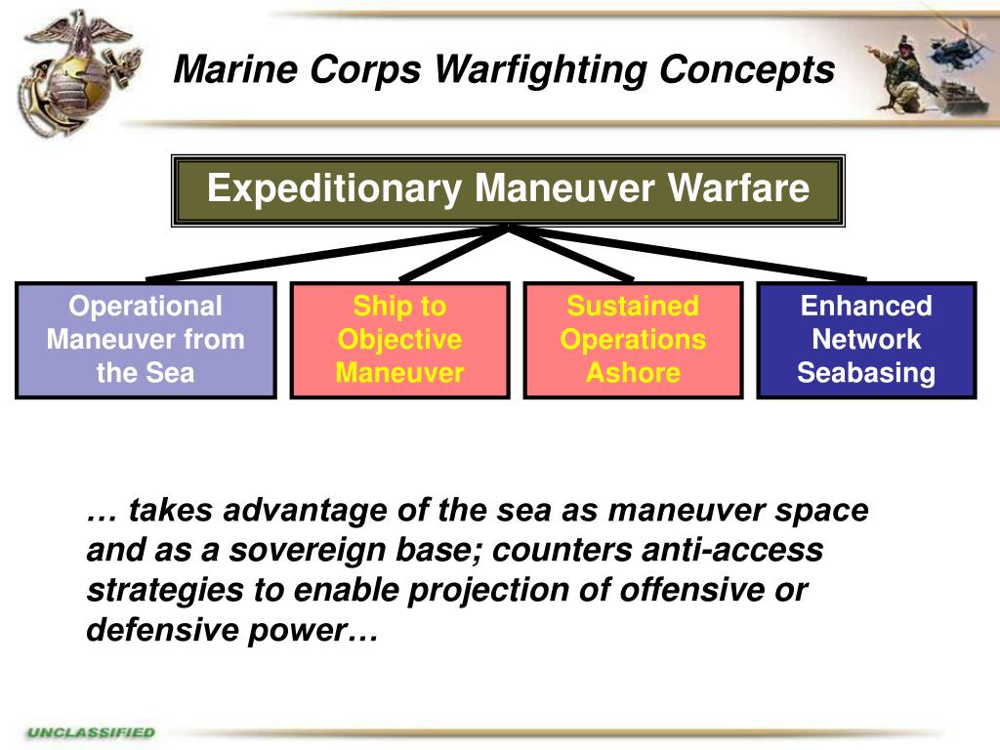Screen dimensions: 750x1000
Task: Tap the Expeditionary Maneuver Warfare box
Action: click(508, 189)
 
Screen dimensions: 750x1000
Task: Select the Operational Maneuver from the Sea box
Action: click(146, 340)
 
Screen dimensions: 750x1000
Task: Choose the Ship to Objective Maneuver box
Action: click(399, 340)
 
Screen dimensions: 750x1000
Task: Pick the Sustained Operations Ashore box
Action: click(633, 340)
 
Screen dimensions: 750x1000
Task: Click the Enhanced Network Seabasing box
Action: click(866, 340)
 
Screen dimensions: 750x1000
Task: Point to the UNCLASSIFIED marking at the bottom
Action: click(91, 731)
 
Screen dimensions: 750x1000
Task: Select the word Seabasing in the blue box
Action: click(866, 373)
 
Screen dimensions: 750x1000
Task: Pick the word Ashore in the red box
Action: click(633, 373)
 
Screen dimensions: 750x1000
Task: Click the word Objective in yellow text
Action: click(399, 340)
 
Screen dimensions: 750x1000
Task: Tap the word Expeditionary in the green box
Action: click(336, 187)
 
